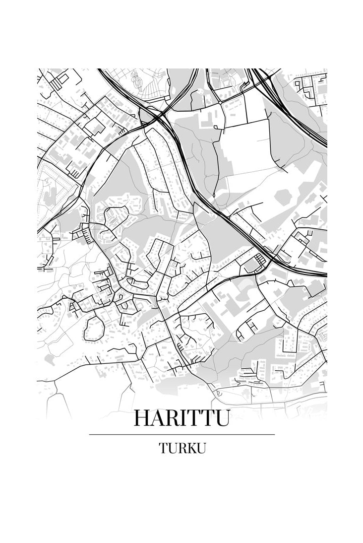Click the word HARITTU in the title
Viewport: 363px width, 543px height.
[x=181, y=418]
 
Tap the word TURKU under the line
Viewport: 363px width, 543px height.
[x=182, y=448]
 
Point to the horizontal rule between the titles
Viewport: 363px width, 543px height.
[x=181, y=434]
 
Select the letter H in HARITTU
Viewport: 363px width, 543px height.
[x=142, y=418]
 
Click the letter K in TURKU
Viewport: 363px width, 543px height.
[x=188, y=448]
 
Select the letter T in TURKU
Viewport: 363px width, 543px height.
[x=163, y=448]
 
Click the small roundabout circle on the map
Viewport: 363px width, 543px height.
[x=219, y=103]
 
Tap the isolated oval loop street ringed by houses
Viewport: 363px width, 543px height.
[x=94, y=329]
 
